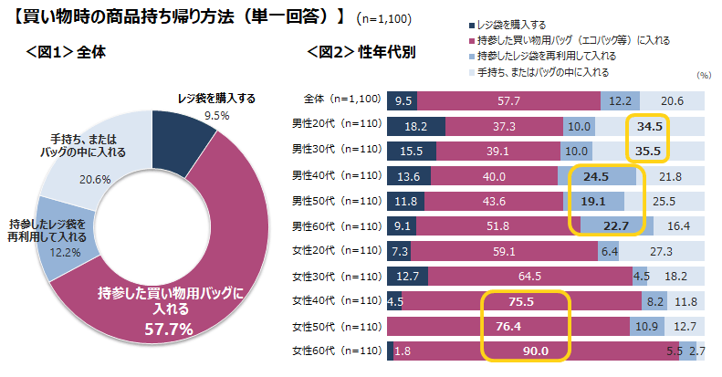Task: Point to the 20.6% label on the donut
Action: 88,180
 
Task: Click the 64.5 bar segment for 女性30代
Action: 535,276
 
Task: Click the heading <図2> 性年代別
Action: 361,52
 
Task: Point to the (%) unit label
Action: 702,77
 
